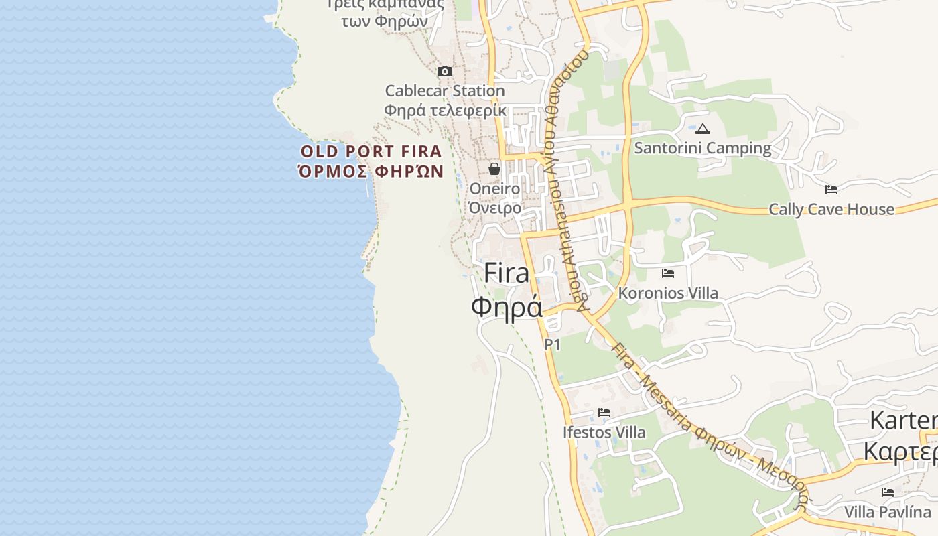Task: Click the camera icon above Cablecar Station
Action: [x=444, y=71]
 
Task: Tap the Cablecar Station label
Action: [x=444, y=90]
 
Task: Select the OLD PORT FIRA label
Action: [x=371, y=151]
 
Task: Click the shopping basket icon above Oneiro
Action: [x=494, y=169]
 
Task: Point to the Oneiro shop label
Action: [x=494, y=189]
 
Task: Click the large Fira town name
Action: [x=506, y=273]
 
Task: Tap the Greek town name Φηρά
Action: [x=506, y=308]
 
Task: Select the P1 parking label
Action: [x=552, y=344]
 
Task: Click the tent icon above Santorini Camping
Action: [x=702, y=129]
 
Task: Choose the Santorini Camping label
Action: [x=702, y=148]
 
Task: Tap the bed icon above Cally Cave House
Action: [x=831, y=190]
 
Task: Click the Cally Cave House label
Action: [x=831, y=209]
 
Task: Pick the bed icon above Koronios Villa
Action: [x=667, y=273]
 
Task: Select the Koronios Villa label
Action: [x=667, y=293]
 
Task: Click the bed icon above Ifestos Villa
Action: [x=604, y=413]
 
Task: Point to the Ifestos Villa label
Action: [x=604, y=432]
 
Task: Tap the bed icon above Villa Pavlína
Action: [x=888, y=492]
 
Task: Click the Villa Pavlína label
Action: [x=888, y=512]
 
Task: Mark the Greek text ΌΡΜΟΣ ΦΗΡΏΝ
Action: [x=371, y=172]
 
